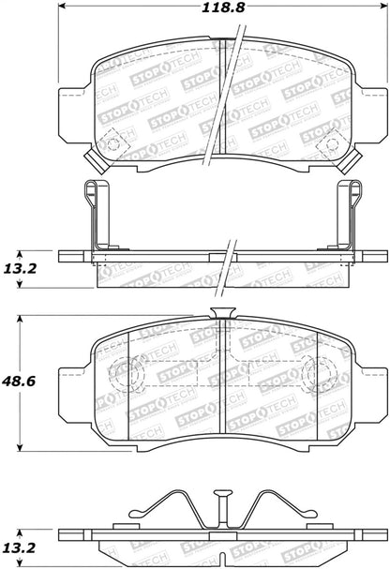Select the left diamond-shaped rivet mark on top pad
pyautogui.click(x=113, y=144)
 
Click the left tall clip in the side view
pyautogui.click(x=96, y=216)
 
